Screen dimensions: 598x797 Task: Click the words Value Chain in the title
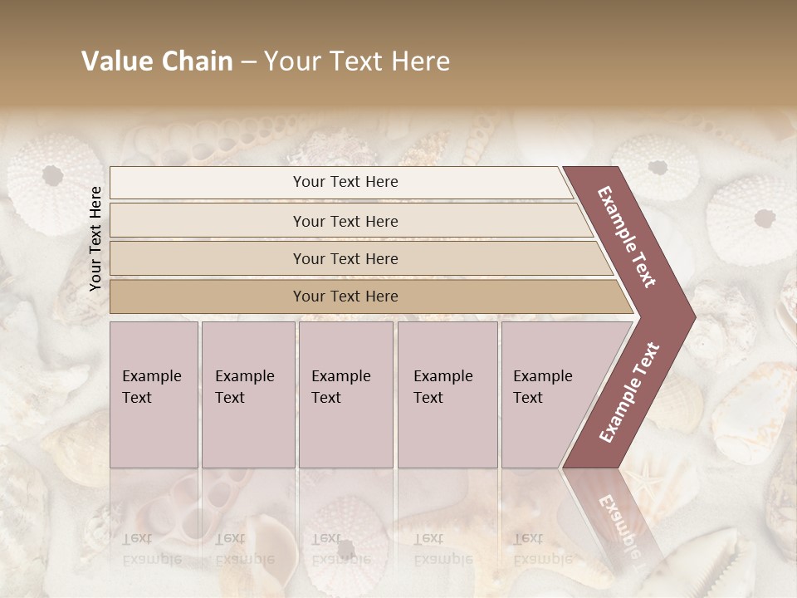[x=157, y=61]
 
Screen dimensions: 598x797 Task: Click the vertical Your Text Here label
[x=95, y=238]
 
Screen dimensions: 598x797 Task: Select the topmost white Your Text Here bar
[x=345, y=182]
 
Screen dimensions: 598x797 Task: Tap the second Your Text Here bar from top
[x=345, y=221]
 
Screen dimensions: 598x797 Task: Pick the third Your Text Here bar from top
[x=345, y=258]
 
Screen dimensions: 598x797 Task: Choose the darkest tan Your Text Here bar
[x=345, y=297]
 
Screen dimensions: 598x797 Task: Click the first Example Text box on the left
[x=154, y=395]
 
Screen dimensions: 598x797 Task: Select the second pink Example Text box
[x=247, y=395]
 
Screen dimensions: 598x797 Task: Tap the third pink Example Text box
[x=345, y=395]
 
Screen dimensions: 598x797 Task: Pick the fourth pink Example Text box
[x=447, y=395]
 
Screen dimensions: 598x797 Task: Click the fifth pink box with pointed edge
[x=548, y=395]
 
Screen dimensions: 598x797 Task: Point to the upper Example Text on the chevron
[x=627, y=237]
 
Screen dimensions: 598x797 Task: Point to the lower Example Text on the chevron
[x=628, y=392]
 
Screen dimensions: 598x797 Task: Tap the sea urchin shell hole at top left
[x=52, y=175]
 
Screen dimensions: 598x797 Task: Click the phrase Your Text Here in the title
[x=357, y=61]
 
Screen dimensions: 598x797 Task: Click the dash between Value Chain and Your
[x=248, y=62]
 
